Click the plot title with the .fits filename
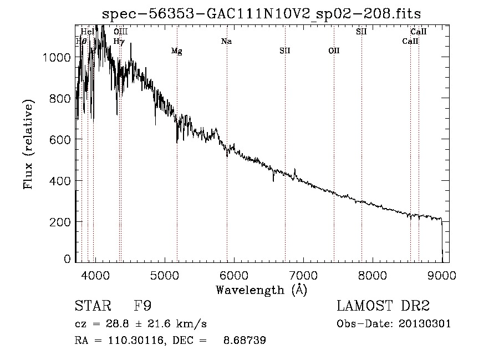pos(262,14)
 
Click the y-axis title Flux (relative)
pos(28,144)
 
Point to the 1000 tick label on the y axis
pos(57,58)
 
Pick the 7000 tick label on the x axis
pos(303,275)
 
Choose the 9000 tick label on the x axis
pos(442,275)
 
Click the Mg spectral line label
pos(176,51)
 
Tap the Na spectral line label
pos(226,41)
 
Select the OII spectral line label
pos(334,51)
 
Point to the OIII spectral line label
pos(120,32)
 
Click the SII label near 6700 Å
pos(285,51)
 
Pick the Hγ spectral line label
pos(119,41)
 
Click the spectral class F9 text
pos(143,306)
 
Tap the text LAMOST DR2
pos(383,306)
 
